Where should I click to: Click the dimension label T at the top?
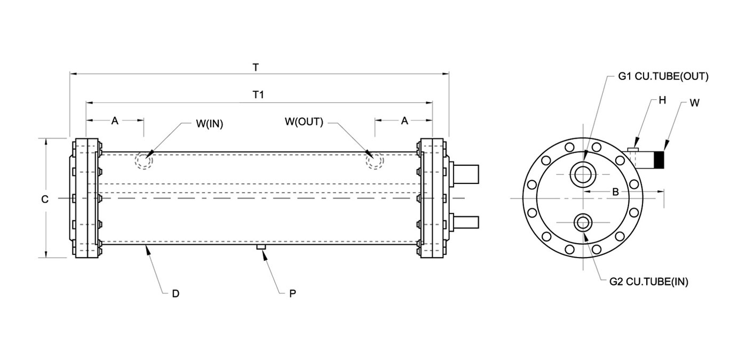tap(256, 68)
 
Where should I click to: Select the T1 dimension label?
tap(258, 95)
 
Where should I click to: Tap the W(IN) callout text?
tap(209, 124)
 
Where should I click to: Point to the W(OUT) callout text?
tap(304, 122)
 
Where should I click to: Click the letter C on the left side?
tap(45, 199)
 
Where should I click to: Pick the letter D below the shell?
tap(176, 294)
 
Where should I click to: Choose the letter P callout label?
tap(292, 294)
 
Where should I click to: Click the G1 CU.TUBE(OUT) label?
tap(663, 77)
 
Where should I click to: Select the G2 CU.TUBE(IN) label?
tap(649, 282)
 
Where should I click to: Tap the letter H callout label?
tap(662, 100)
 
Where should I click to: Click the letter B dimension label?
tap(616, 192)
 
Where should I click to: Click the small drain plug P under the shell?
tap(261, 247)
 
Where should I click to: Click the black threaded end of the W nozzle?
tap(659, 159)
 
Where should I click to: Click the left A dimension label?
tap(115, 121)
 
